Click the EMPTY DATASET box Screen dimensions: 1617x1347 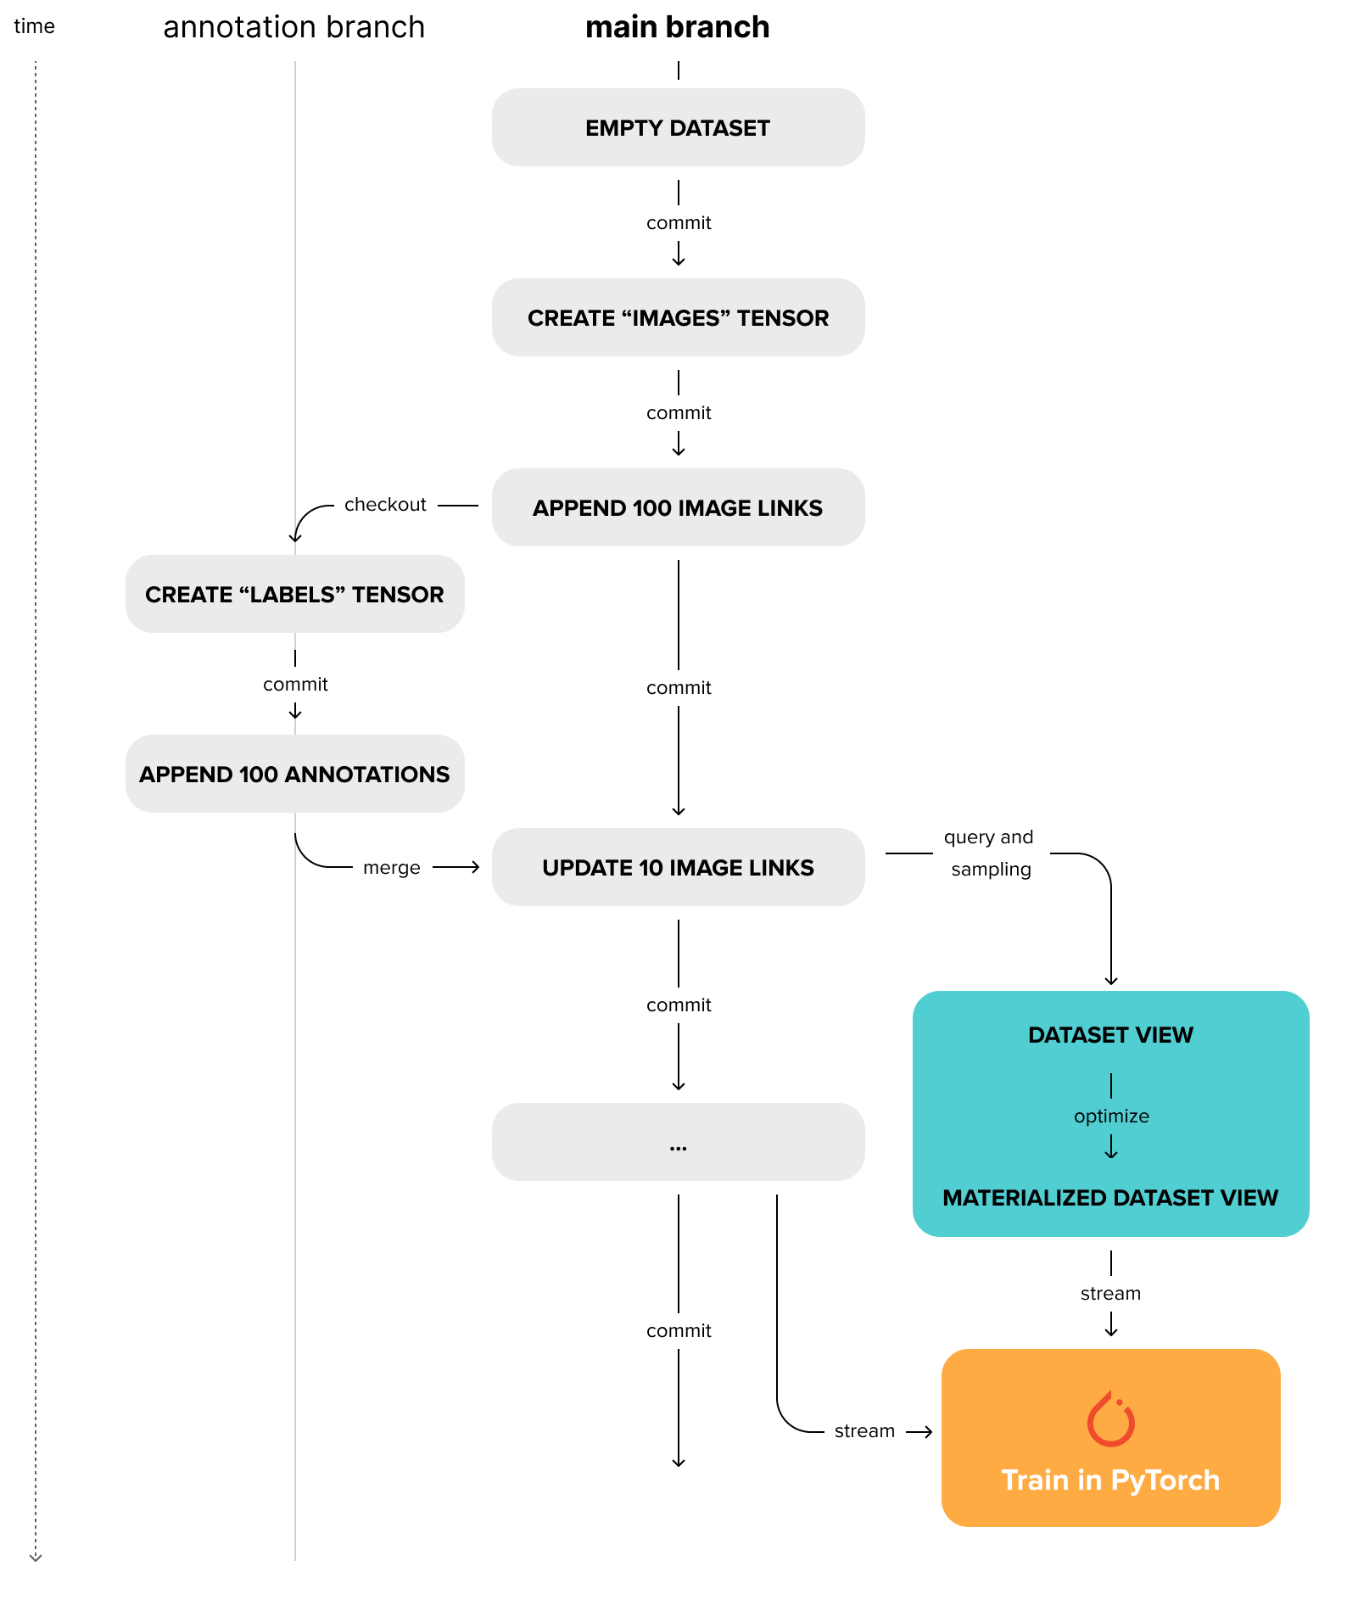pyautogui.click(x=678, y=127)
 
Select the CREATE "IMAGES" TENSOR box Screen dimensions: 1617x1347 pyautogui.click(x=678, y=317)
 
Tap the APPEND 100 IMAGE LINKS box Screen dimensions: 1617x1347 pyautogui.click(x=678, y=507)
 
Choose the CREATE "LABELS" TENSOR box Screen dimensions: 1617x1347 pyautogui.click(x=294, y=594)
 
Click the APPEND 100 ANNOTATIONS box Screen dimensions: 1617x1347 pyautogui.click(x=294, y=774)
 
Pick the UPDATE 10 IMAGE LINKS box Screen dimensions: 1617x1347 pyautogui.click(x=678, y=867)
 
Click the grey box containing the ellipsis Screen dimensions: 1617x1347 pyautogui.click(x=678, y=1142)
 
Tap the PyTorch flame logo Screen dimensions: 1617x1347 pyautogui.click(x=1110, y=1418)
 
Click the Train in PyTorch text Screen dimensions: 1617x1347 pyautogui.click(x=1110, y=1480)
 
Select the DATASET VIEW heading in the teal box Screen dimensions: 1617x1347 pyautogui.click(x=1110, y=1035)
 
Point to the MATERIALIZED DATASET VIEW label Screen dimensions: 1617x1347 pyautogui.click(x=1110, y=1198)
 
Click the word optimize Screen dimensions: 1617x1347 pyautogui.click(x=1111, y=1116)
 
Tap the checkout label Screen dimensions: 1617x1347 pyautogui.click(x=385, y=505)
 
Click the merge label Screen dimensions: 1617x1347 pyautogui.click(x=391, y=868)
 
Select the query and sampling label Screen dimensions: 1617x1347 pyautogui.click(x=989, y=853)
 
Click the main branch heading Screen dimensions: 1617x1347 pyautogui.click(x=677, y=27)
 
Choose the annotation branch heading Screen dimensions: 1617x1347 pyautogui.click(x=293, y=27)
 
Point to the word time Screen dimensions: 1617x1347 pyautogui.click(x=34, y=26)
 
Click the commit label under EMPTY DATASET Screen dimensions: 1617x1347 pyautogui.click(x=679, y=223)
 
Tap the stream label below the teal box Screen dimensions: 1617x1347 pyautogui.click(x=1110, y=1294)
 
